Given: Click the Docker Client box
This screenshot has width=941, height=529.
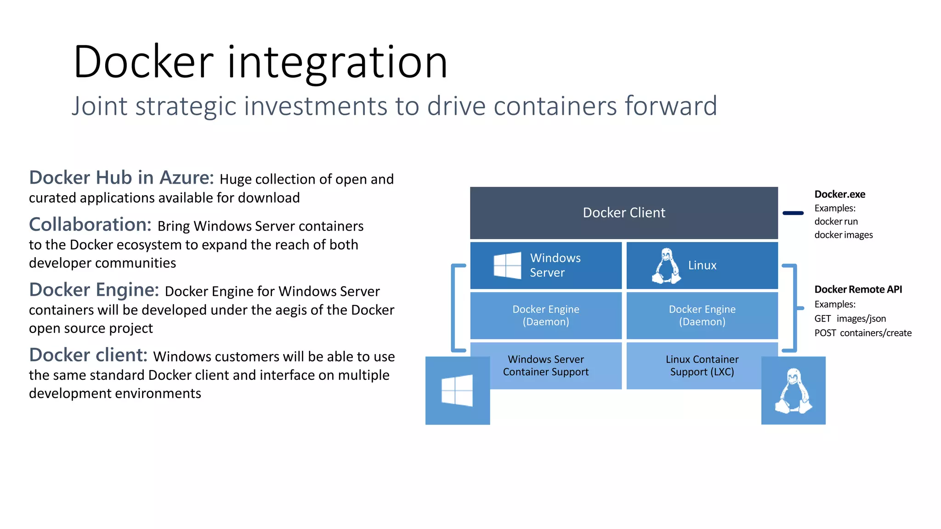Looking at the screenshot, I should (624, 213).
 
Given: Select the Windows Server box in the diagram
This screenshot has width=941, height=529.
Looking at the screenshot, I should (546, 265).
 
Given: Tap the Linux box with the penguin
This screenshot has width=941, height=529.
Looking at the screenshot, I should (702, 265).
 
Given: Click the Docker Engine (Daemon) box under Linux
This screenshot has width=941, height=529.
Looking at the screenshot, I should (702, 315).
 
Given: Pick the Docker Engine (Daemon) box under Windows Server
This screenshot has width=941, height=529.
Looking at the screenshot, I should (546, 315).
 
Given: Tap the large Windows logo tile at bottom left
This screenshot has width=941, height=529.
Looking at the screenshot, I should (457, 391).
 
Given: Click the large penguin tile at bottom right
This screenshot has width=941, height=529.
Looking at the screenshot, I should (793, 391).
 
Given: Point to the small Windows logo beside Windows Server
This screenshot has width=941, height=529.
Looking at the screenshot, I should (507, 265).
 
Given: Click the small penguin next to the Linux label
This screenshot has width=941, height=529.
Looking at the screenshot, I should (666, 266).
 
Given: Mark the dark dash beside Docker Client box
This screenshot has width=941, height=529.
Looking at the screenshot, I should (793, 213).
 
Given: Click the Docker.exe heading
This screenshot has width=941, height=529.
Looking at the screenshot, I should (839, 194).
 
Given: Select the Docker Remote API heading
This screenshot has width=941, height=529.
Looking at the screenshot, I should (858, 289).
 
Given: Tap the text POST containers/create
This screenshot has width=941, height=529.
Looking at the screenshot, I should (862, 333).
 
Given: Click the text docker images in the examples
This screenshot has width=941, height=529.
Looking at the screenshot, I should (843, 235).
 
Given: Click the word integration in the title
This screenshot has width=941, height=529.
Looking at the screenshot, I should (337, 62).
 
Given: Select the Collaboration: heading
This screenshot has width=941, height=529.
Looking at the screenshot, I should (90, 225).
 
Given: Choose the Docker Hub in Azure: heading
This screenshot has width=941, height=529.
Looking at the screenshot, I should (121, 178).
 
